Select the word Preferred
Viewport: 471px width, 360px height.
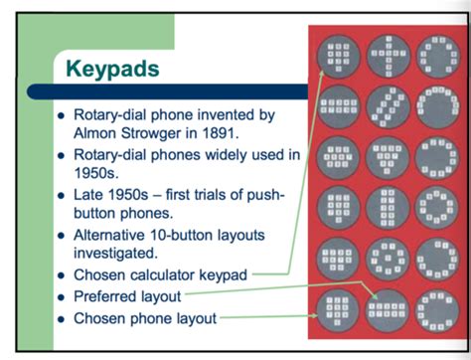(x=112, y=295)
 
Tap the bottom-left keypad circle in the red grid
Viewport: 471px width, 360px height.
(x=340, y=308)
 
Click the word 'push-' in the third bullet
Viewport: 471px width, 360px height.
(x=261, y=195)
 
